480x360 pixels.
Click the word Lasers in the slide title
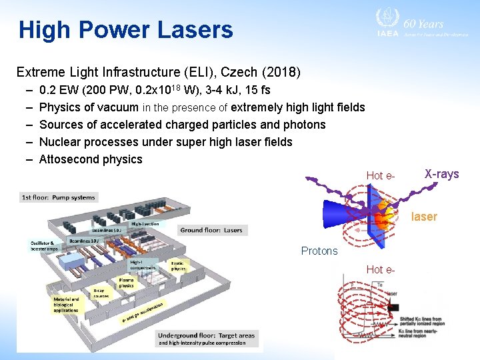pyautogui.click(x=195, y=30)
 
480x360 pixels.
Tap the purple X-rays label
pyautogui.click(x=441, y=174)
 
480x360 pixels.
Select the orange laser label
pyautogui.click(x=424, y=216)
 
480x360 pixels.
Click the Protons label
pyautogui.click(x=319, y=251)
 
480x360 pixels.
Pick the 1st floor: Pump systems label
pyautogui.click(x=59, y=197)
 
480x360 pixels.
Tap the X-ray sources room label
pyautogui.click(x=99, y=293)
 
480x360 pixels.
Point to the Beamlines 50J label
pyautogui.click(x=107, y=229)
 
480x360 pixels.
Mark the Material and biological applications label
pyautogui.click(x=66, y=305)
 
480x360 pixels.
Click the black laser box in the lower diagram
pyautogui.click(x=393, y=307)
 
